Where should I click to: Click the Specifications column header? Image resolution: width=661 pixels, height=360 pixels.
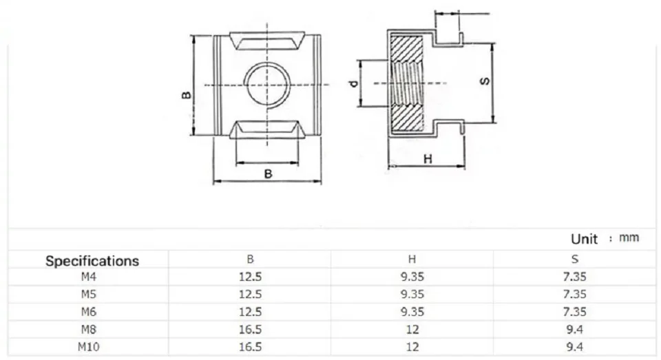(92, 261)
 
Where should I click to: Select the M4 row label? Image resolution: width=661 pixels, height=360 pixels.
(89, 277)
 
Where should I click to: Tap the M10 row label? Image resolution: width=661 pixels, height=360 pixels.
(89, 346)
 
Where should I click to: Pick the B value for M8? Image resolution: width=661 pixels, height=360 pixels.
(251, 329)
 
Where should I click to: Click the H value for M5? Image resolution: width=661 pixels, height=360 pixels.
(412, 294)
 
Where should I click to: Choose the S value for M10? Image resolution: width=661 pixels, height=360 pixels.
(574, 346)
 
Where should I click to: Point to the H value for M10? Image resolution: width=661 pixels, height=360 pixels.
(412, 346)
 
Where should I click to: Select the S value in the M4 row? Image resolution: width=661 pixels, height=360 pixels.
(574, 277)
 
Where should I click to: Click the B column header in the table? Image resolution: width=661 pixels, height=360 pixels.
(251, 260)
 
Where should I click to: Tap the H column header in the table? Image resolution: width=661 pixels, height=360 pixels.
(412, 260)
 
